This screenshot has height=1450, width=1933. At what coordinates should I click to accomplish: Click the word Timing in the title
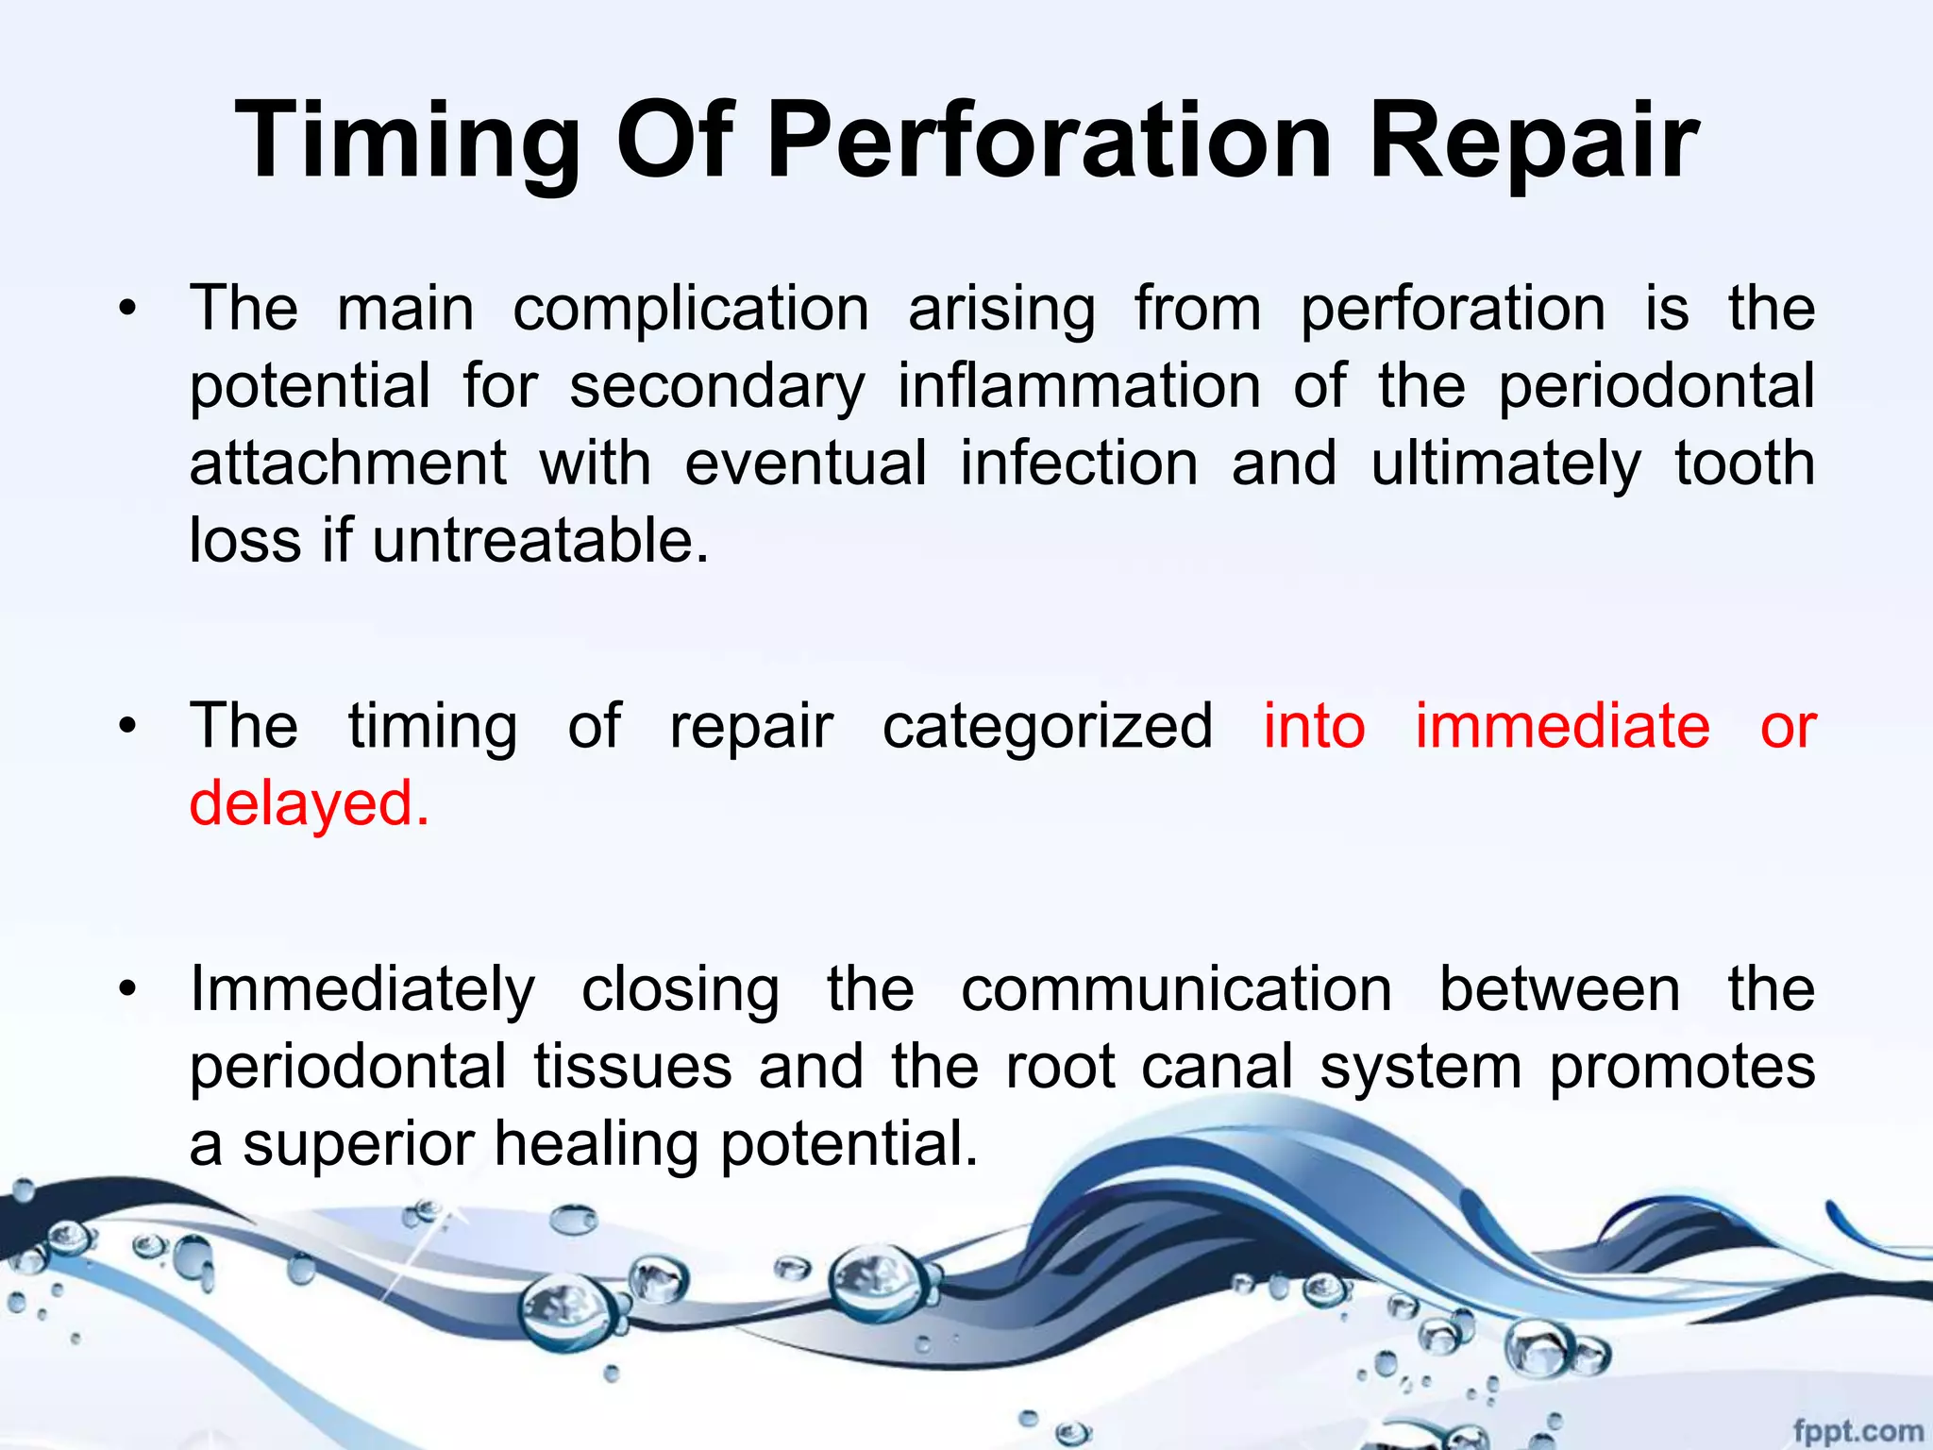(407, 142)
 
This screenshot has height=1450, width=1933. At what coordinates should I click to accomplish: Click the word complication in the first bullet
(691, 310)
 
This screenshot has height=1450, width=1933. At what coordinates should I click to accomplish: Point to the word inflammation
(1079, 387)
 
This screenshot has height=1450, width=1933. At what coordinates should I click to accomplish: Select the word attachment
(348, 464)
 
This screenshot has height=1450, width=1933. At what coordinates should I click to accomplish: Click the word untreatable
(540, 541)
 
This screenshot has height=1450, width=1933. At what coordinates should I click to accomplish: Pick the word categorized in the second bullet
(1048, 727)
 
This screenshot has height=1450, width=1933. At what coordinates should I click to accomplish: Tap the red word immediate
(1562, 727)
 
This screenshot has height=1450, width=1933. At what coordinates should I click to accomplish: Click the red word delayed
(310, 804)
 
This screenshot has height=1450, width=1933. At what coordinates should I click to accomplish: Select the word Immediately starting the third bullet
(362, 990)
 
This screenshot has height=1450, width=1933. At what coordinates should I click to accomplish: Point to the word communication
(1176, 990)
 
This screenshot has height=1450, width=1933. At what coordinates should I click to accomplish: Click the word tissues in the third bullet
(633, 1067)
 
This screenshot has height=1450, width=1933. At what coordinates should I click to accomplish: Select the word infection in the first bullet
(1079, 464)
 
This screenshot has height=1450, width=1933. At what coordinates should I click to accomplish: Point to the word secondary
(717, 387)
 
